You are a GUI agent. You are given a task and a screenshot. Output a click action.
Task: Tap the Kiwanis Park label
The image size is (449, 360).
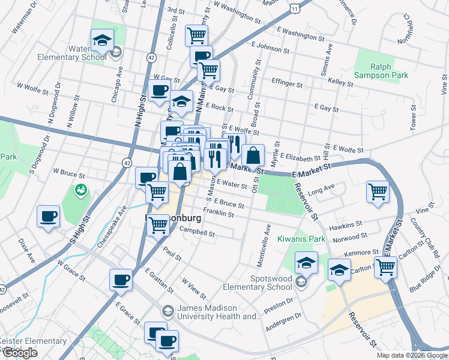tap(301, 239)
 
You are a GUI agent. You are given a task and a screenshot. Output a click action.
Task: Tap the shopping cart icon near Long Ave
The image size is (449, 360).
tap(378, 192)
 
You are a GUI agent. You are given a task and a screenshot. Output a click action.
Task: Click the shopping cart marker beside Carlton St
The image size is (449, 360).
tap(385, 267)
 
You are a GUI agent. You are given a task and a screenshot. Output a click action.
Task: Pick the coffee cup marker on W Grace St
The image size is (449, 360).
tap(121, 280)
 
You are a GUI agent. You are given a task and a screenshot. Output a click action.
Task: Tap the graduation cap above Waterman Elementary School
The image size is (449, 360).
tap(102, 41)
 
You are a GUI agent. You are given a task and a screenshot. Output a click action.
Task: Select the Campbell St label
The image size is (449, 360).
tap(197, 230)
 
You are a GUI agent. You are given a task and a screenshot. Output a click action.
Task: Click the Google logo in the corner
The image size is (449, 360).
tap(20, 353)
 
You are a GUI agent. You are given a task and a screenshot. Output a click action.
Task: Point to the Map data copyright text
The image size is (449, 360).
tap(411, 355)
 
